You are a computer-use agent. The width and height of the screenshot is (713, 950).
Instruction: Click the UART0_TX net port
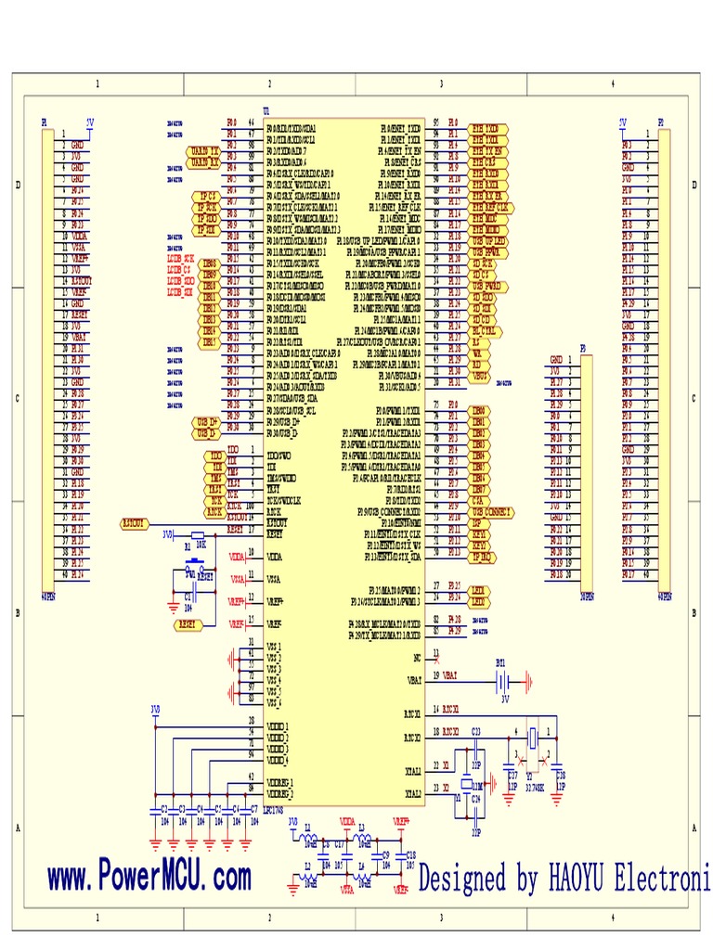click(x=204, y=149)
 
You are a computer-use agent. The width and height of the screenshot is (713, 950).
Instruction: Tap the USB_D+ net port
click(x=207, y=422)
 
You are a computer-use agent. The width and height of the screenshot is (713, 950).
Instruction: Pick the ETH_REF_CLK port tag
click(x=490, y=208)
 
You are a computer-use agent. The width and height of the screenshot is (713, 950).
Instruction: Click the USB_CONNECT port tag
click(x=492, y=511)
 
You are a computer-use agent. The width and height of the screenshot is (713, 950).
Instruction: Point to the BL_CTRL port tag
click(x=486, y=328)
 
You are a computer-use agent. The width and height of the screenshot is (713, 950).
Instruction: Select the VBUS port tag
click(x=480, y=377)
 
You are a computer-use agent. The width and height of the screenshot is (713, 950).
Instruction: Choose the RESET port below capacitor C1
click(x=188, y=625)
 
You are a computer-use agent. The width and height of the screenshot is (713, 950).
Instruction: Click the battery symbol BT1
click(x=502, y=682)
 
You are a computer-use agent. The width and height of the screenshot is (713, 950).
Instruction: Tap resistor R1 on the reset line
click(x=197, y=535)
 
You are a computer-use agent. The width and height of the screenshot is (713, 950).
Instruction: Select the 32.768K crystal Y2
click(x=533, y=739)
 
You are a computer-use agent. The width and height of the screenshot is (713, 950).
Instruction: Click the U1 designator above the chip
click(x=268, y=111)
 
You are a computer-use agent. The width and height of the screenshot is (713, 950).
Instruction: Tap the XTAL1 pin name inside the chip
click(x=412, y=769)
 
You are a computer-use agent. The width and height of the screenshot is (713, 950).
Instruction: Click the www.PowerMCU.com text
click(x=149, y=876)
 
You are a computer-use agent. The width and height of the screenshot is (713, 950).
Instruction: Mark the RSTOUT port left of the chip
click(x=136, y=523)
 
